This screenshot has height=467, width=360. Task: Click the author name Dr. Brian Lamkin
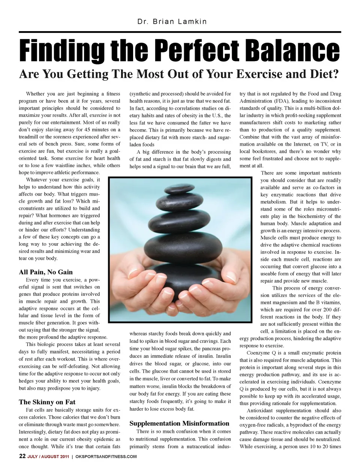pyautogui.click(x=172, y=21)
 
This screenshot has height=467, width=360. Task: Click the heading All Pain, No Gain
pyautogui.click(x=46, y=272)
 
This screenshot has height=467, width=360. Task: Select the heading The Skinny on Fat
pyautogui.click(x=47, y=402)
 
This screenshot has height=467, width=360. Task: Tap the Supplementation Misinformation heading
pyautogui.click(x=179, y=424)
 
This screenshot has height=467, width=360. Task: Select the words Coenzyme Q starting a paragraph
pyautogui.click(x=261, y=353)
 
